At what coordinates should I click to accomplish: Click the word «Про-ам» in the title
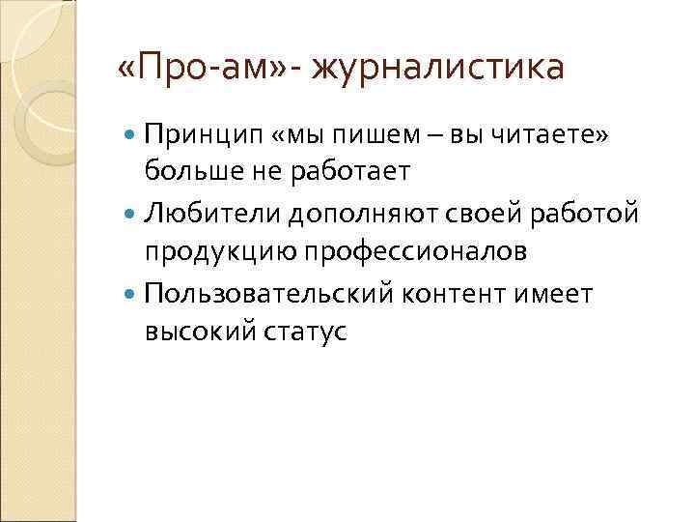point(197,70)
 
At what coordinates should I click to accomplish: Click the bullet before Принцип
point(132,134)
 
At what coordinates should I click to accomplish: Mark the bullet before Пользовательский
point(132,293)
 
